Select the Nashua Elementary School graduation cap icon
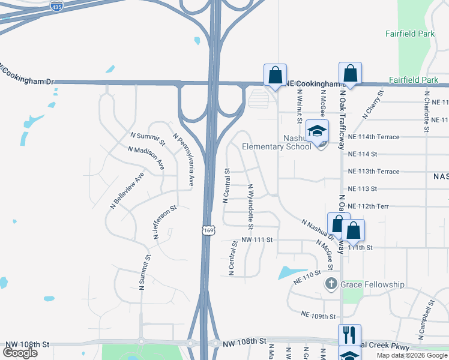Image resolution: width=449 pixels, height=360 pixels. pyautogui.click(x=317, y=131)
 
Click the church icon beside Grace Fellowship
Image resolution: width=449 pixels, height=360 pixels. pyautogui.click(x=331, y=284)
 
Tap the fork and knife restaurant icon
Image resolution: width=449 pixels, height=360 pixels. pyautogui.click(x=349, y=334)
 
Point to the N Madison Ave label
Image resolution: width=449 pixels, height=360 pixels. pyautogui.click(x=146, y=157)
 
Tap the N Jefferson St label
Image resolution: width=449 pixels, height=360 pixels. pyautogui.click(x=164, y=223)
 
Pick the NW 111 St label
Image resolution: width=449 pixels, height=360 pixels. pyautogui.click(x=257, y=240)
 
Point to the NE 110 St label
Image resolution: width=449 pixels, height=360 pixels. pyautogui.click(x=308, y=277)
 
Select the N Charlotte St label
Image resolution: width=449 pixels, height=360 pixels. pyautogui.click(x=426, y=112)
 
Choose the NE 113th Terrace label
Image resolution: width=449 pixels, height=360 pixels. pyautogui.click(x=373, y=172)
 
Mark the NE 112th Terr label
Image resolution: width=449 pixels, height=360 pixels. pyautogui.click(x=368, y=206)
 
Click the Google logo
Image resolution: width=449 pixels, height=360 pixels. pyautogui.click(x=20, y=352)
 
